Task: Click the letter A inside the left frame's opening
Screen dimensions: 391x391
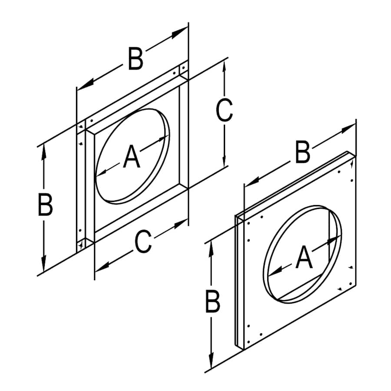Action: [132, 157]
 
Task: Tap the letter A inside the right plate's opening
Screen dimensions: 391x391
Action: [304, 257]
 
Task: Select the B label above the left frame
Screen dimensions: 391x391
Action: [136, 60]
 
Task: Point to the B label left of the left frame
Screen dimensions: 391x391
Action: [45, 205]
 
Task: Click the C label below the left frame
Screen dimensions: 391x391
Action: [143, 242]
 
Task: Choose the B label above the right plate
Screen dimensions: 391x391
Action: [303, 153]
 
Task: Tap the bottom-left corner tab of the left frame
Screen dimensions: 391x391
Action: [81, 245]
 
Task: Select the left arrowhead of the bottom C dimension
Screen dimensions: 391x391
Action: [99, 268]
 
